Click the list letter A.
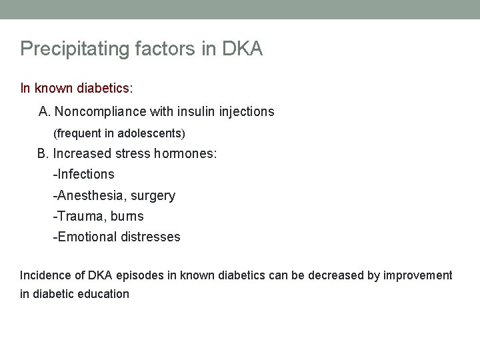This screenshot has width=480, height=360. click(x=44, y=111)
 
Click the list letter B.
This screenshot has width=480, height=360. click(x=43, y=153)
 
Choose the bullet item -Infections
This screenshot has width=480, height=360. click(x=84, y=175)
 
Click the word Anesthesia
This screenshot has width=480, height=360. click(x=87, y=196)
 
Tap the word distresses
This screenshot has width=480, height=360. click(x=151, y=237)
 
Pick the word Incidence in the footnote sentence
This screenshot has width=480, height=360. click(x=44, y=275)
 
